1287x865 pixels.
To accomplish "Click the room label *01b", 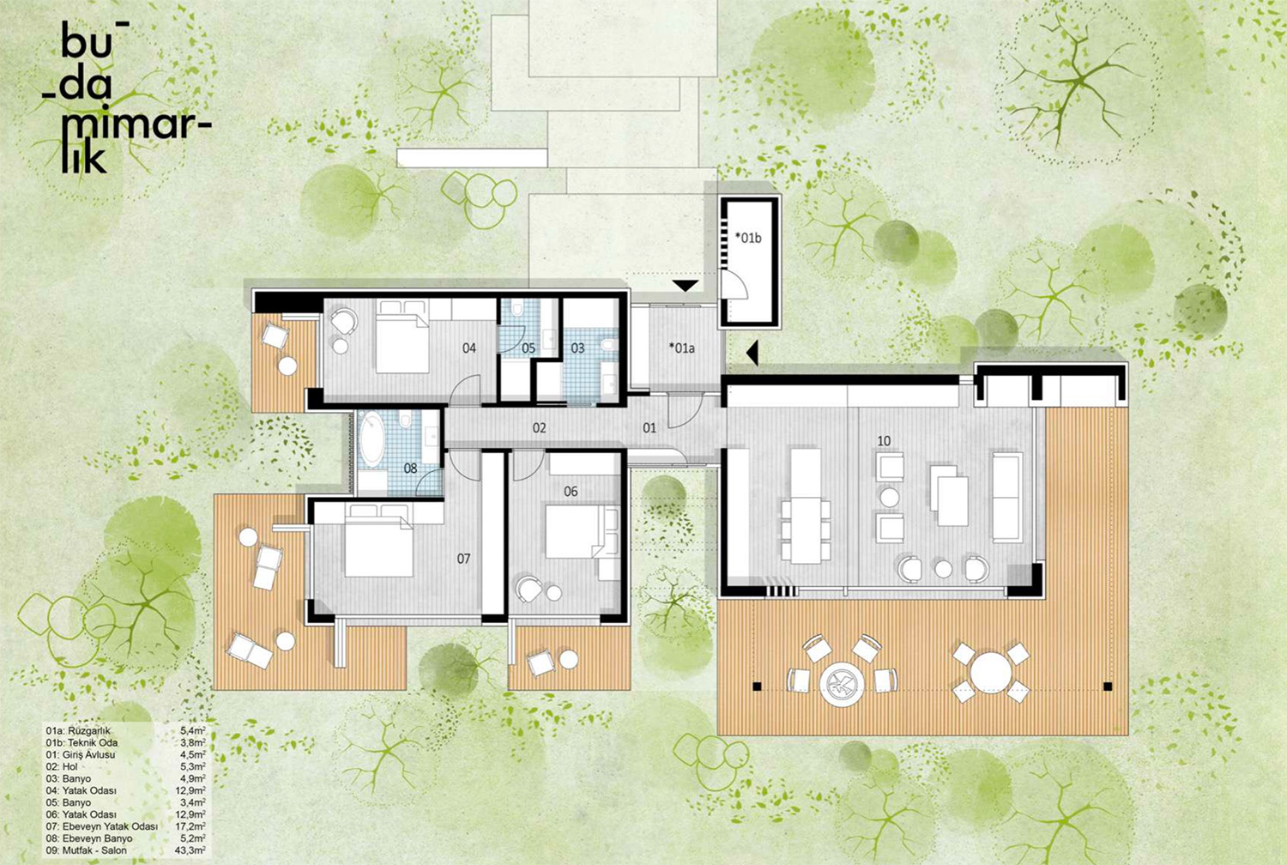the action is click(x=748, y=238).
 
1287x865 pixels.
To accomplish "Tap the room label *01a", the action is click(x=681, y=348).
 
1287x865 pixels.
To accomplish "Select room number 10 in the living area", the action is click(x=884, y=441).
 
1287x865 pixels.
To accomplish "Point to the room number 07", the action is click(x=463, y=558).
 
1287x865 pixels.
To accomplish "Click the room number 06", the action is click(x=571, y=492).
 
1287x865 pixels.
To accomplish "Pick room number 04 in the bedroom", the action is click(x=468, y=348).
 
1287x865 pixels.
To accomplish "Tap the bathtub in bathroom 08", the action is click(x=372, y=439).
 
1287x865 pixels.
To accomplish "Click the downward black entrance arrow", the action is click(x=686, y=286).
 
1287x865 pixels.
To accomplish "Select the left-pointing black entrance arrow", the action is click(x=752, y=352).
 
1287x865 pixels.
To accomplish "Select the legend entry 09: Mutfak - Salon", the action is click(x=86, y=850).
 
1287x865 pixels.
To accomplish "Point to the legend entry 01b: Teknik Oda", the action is click(x=82, y=742).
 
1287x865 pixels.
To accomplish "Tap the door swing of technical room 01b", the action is click(x=735, y=285).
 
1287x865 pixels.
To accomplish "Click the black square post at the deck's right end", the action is click(x=1108, y=686).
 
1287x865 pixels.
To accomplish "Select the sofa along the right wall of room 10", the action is click(x=1007, y=497).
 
